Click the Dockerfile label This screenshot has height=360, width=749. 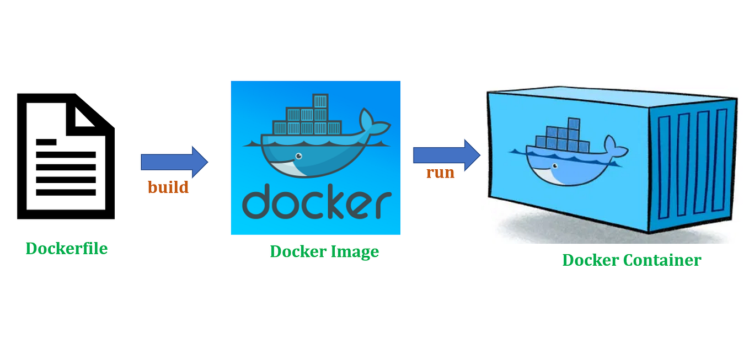[67, 249]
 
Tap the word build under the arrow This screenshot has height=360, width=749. [168, 187]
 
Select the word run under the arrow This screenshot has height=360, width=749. [440, 173]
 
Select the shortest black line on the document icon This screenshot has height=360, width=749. [46, 142]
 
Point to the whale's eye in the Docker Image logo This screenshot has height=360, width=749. [298, 155]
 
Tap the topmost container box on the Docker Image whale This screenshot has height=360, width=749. [320, 101]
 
